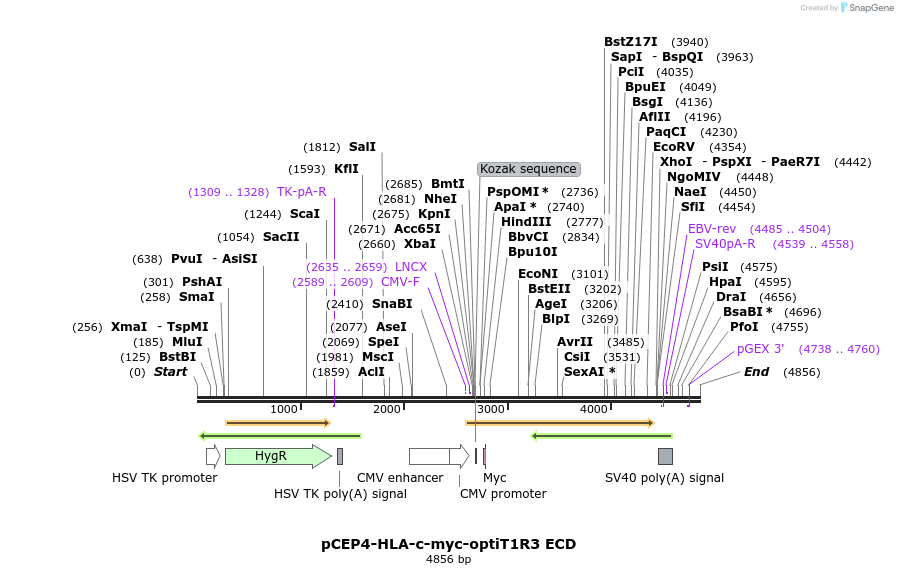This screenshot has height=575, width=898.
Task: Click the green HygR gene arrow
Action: click(276, 456)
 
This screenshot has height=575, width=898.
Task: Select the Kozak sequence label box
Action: click(528, 169)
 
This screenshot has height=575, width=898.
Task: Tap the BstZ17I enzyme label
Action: click(631, 42)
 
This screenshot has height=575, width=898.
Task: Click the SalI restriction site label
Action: click(362, 147)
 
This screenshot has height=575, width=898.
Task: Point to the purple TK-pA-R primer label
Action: click(301, 192)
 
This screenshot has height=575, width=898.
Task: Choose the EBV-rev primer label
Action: click(712, 229)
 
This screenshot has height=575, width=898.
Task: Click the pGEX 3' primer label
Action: click(760, 349)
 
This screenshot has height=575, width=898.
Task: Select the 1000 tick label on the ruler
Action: click(284, 409)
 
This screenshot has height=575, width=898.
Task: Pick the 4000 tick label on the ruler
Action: click(594, 409)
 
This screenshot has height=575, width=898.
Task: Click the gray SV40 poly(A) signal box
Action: click(665, 457)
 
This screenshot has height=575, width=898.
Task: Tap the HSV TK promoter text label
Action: click(164, 478)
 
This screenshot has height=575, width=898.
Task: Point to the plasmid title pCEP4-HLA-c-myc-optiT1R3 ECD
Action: click(448, 544)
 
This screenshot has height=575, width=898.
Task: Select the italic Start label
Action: click(170, 372)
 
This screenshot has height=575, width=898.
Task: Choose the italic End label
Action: click(756, 372)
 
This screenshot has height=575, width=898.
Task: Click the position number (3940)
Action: click(690, 42)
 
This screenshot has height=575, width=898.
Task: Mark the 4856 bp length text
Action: click(448, 560)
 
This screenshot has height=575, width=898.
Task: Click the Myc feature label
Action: click(495, 478)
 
